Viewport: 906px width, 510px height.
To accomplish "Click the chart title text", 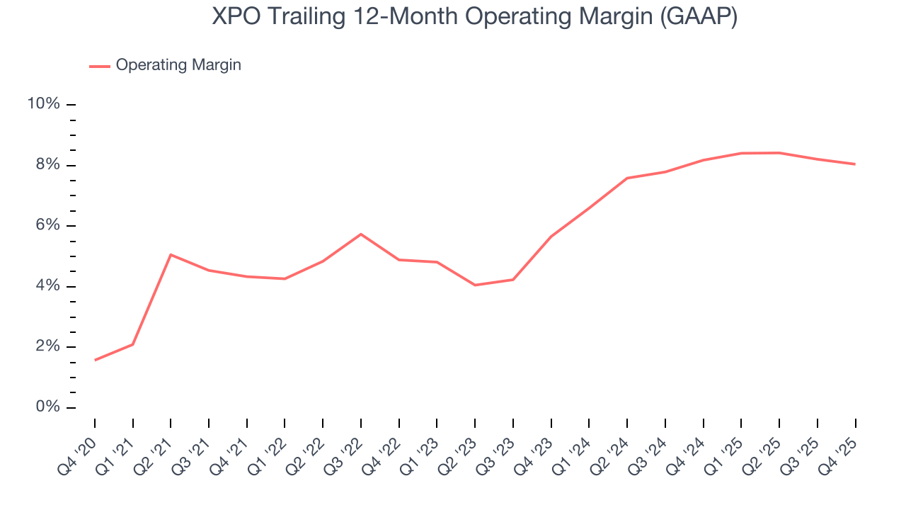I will click(474, 17).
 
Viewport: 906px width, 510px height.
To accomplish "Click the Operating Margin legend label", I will click(178, 65).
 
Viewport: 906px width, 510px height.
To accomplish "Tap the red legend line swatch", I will click(100, 66).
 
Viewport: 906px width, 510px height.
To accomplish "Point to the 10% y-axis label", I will click(43, 104).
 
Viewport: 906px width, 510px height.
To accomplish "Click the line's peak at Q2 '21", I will click(171, 254).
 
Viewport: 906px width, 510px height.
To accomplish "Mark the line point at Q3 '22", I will click(361, 234).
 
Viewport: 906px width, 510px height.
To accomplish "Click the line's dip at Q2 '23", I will click(475, 285).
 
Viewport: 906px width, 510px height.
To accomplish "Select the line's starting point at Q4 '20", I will click(95, 360).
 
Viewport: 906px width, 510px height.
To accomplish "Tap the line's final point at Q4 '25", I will click(855, 164).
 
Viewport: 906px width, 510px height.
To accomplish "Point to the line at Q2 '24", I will click(627, 178).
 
